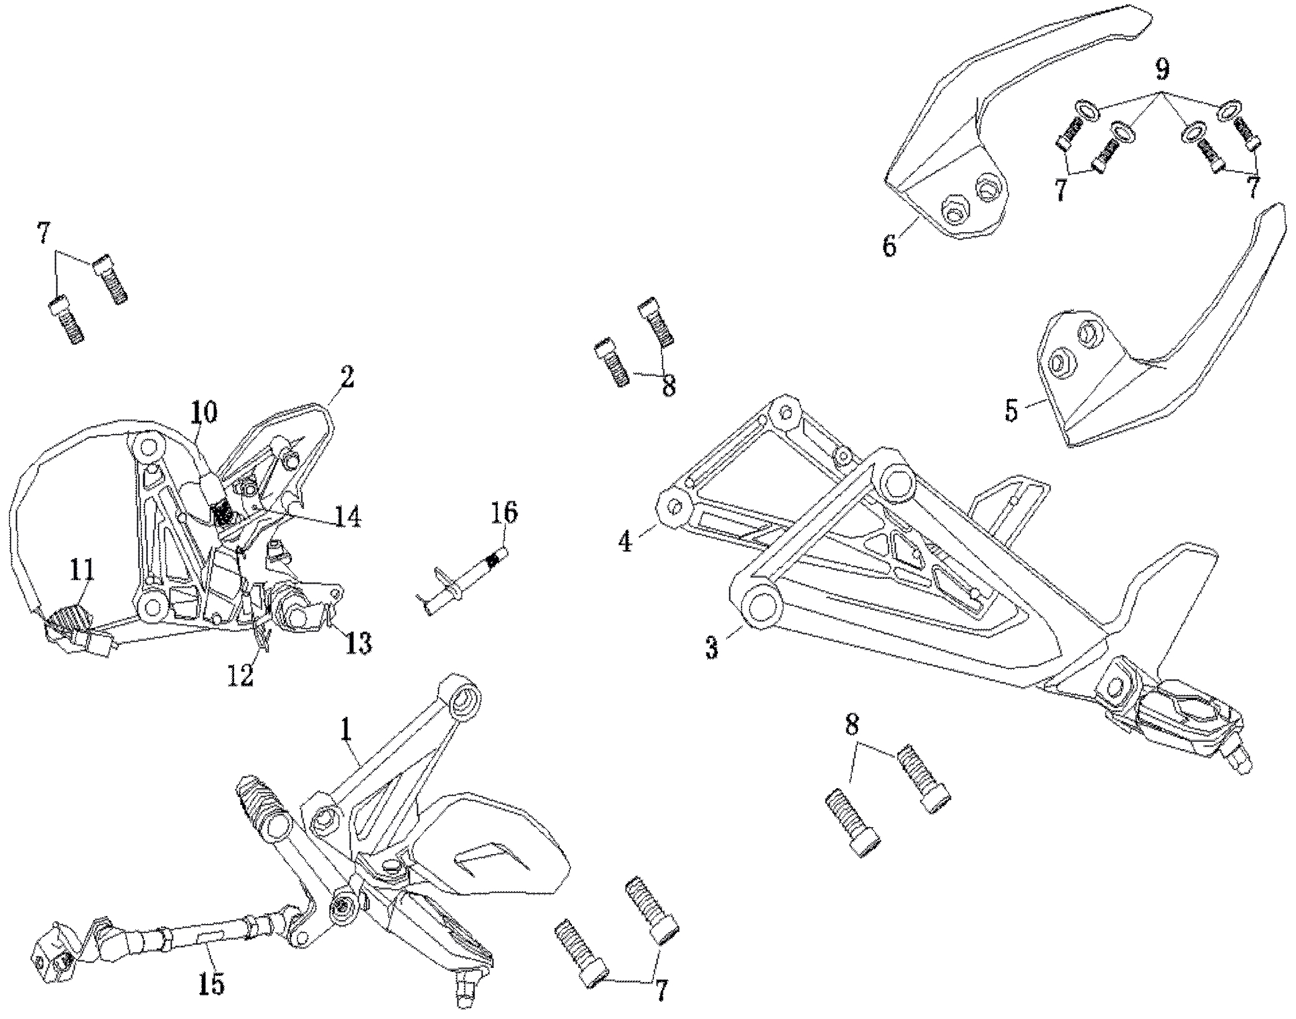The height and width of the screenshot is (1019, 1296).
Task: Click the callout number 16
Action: click(505, 513)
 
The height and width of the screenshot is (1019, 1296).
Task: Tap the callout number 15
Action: click(211, 985)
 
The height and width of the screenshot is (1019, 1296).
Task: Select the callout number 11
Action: click(82, 573)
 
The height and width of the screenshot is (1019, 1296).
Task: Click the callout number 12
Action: click(240, 675)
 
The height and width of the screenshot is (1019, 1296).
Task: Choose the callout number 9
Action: click(1162, 69)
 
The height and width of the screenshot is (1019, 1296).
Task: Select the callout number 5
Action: click(1011, 410)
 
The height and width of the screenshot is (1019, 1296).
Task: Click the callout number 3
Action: click(711, 648)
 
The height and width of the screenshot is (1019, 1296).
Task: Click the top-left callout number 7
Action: click(43, 234)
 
